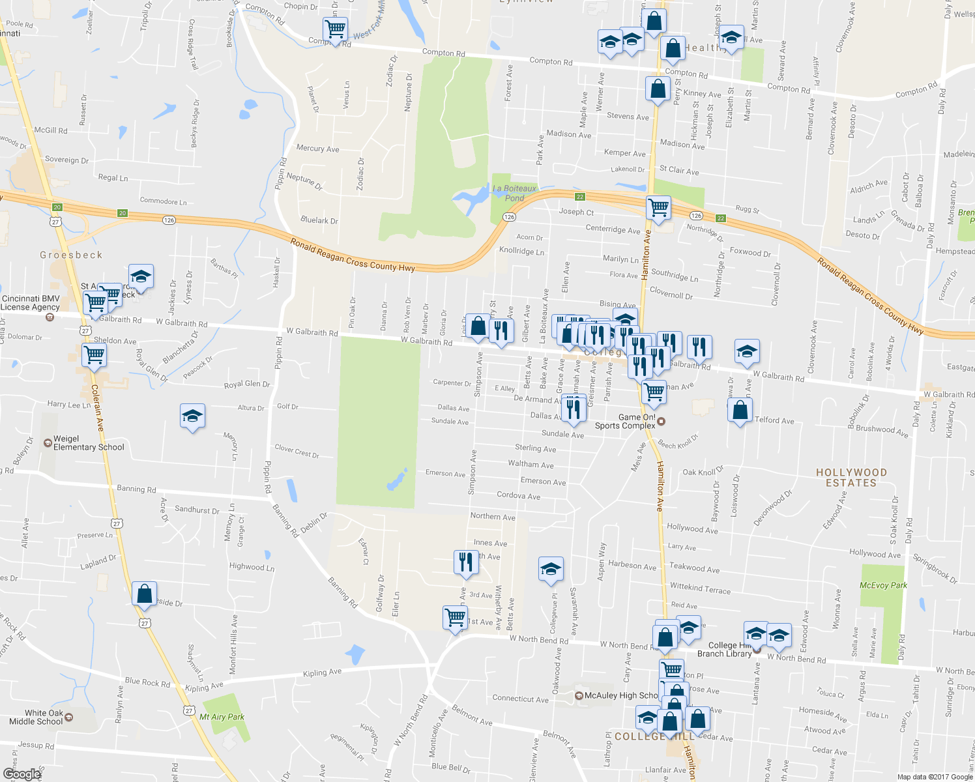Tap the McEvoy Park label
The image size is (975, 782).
click(883, 585)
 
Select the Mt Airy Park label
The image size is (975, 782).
click(222, 717)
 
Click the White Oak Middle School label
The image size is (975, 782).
click(36, 717)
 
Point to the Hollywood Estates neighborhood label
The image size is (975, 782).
click(851, 478)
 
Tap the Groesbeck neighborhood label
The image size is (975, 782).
click(71, 255)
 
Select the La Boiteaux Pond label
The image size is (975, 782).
click(515, 193)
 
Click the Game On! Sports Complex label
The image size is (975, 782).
click(626, 422)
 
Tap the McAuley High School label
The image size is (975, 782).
click(620, 695)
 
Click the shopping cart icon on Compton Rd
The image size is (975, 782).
click(335, 29)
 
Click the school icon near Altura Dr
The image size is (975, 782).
click(192, 416)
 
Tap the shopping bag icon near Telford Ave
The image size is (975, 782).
click(740, 411)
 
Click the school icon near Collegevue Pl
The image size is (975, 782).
click(551, 568)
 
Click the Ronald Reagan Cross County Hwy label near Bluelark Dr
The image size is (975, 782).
click(353, 255)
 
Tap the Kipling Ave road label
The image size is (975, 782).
click(322, 673)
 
